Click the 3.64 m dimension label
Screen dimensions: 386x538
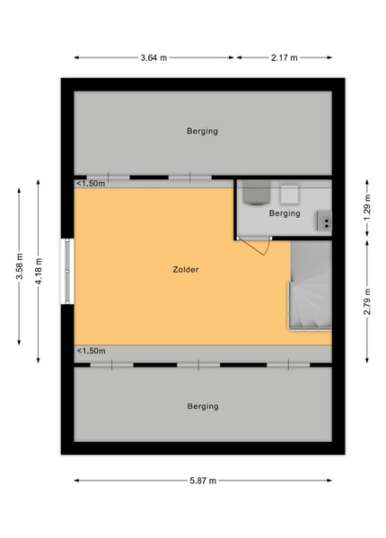154,57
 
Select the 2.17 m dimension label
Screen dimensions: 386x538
284,57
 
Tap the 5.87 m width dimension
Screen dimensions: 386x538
203,481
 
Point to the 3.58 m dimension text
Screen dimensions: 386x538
20,266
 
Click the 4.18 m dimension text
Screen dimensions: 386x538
39,271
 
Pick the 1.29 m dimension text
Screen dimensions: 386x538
367,208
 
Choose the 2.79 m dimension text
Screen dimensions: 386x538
367,301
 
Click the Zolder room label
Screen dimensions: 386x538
186,270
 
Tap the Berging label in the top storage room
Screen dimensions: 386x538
202,131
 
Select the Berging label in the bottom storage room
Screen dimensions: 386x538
203,406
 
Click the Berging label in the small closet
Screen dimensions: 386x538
285,213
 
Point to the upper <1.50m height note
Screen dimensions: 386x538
91,184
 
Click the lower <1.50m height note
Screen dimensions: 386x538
91,351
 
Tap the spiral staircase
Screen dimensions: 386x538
310,285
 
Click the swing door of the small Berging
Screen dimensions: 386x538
254,246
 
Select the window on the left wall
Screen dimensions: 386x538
67,271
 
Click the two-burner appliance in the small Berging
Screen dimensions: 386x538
324,221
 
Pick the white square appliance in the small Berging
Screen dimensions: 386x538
289,195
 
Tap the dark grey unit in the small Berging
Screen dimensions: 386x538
257,193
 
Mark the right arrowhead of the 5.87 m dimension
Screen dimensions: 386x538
329,481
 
